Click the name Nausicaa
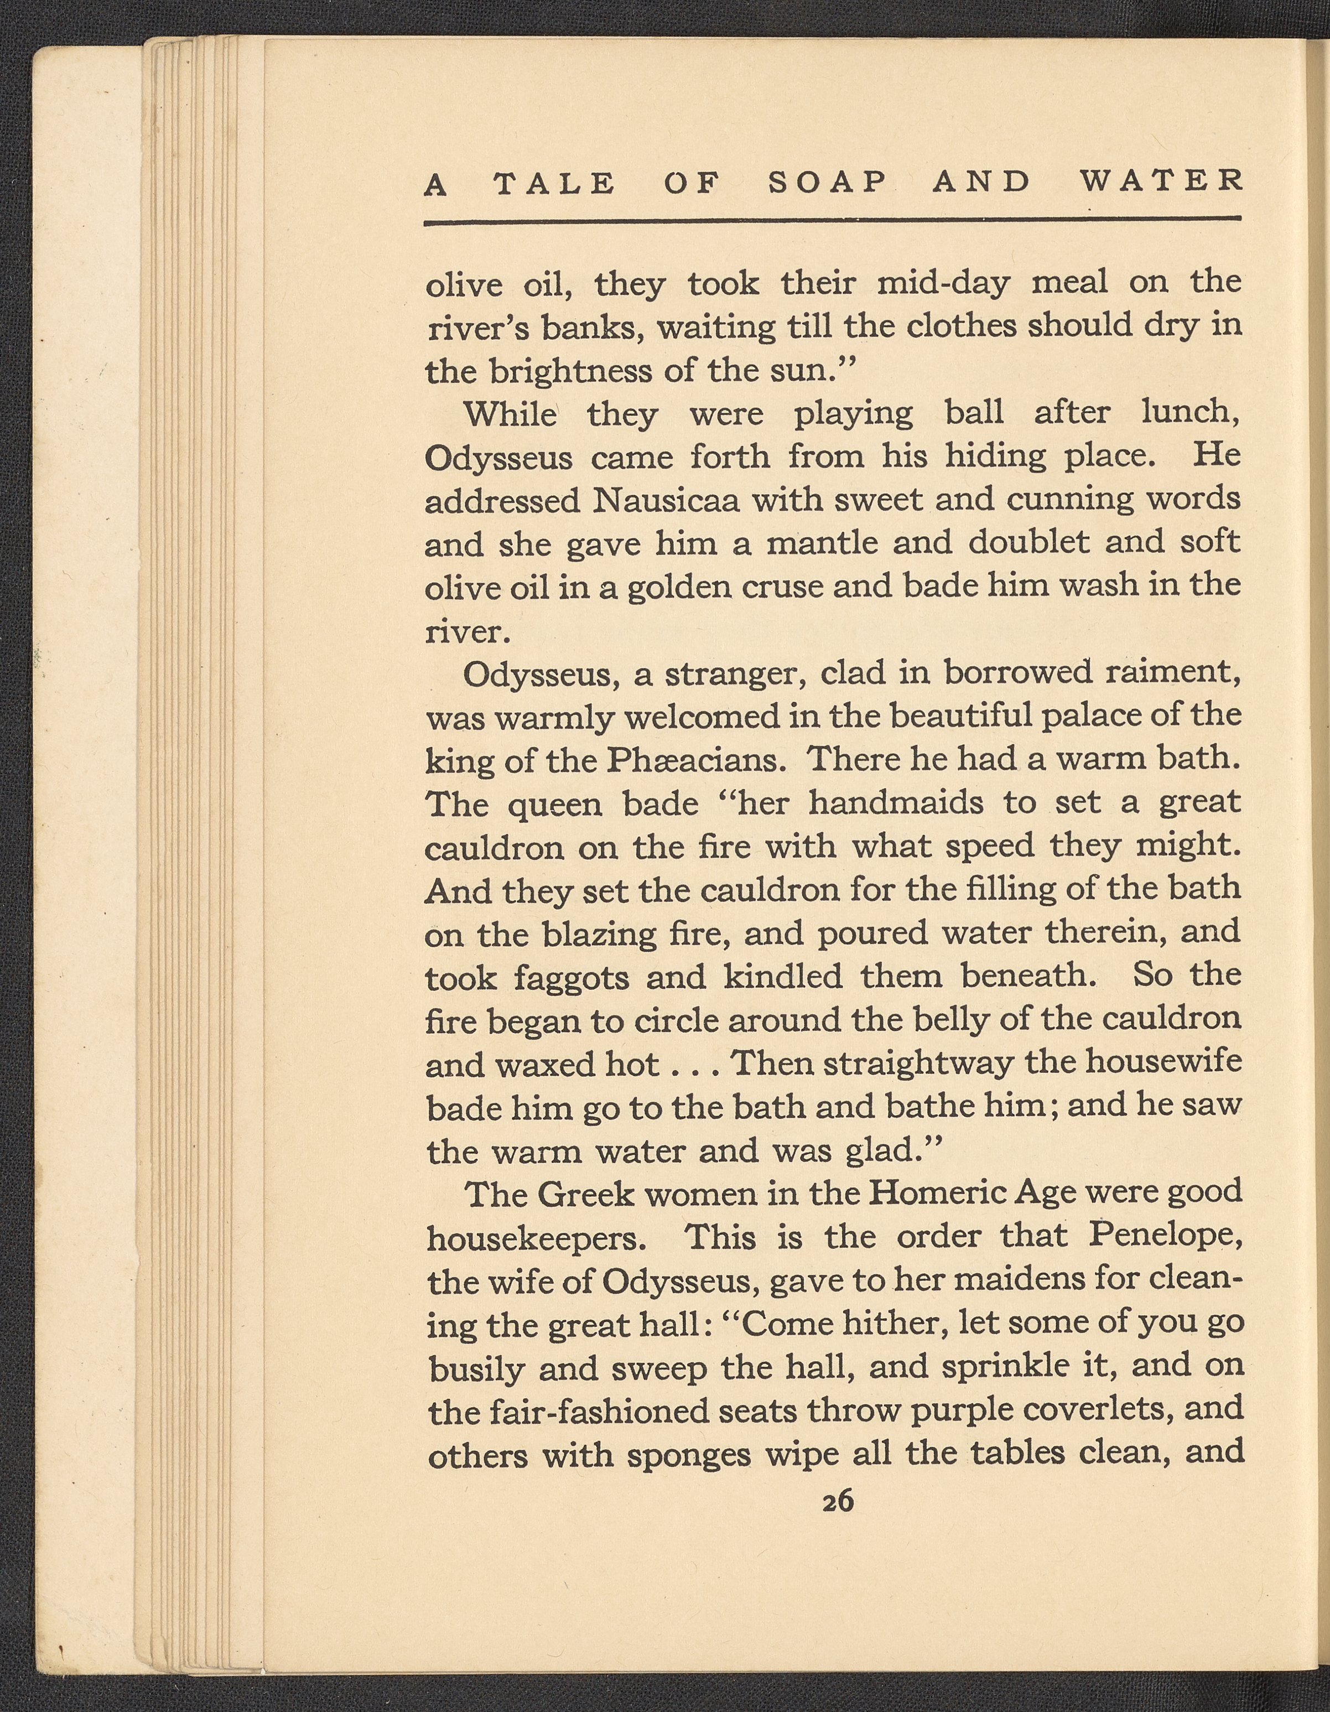666,499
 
